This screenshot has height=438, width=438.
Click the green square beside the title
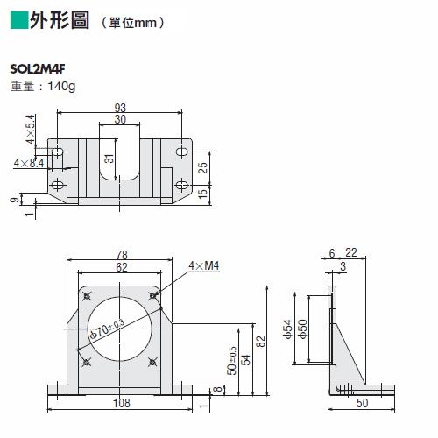coord(19,20)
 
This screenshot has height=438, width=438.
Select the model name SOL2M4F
coord(38,69)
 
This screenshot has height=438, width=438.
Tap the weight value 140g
coord(61,87)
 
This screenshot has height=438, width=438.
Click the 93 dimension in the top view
coord(120,108)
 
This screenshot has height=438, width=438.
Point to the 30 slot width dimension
coord(120,119)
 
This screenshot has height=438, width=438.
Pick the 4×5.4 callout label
coord(31,129)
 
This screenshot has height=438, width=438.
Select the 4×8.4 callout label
coord(29,163)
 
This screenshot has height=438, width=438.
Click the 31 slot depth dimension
coord(109,159)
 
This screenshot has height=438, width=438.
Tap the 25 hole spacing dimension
coord(202,168)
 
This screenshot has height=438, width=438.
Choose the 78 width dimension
coord(122,255)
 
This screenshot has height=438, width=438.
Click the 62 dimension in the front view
coord(122,267)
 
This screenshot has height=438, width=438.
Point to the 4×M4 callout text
coord(204,265)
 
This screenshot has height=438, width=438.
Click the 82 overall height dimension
coord(260,342)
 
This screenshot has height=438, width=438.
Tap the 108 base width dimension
coord(122,403)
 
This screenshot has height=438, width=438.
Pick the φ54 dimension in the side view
coord(287,329)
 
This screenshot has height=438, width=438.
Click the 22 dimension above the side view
coord(351,253)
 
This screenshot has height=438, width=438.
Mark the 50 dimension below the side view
coord(362,403)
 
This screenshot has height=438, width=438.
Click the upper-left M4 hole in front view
coord(87,296)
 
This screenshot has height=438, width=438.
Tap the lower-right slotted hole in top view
coord(181,185)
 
